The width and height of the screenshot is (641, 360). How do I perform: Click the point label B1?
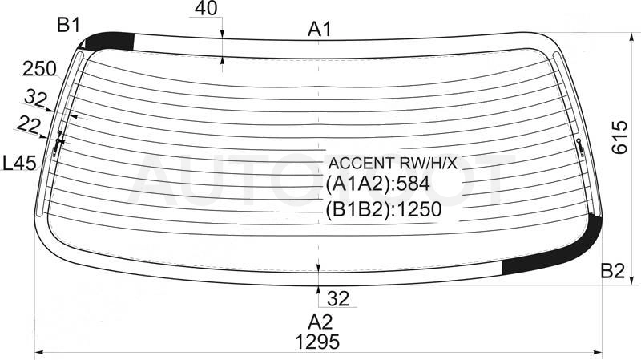pyautogui.click(x=68, y=26)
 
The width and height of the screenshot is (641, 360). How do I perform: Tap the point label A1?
pyautogui.click(x=320, y=30)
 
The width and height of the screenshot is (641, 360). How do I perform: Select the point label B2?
pyautogui.click(x=612, y=271)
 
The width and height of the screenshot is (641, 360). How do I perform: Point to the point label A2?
pyautogui.click(x=320, y=322)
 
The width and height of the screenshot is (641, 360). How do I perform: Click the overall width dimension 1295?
pyautogui.click(x=317, y=342)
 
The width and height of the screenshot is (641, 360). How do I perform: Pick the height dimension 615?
pyautogui.click(x=619, y=137)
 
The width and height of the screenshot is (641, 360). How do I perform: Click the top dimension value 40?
pyautogui.click(x=206, y=8)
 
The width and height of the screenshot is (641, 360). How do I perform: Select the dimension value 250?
pyautogui.click(x=39, y=69)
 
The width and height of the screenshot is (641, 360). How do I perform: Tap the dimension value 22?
pyautogui.click(x=29, y=124)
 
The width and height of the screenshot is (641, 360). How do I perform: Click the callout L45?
pyautogui.click(x=19, y=164)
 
